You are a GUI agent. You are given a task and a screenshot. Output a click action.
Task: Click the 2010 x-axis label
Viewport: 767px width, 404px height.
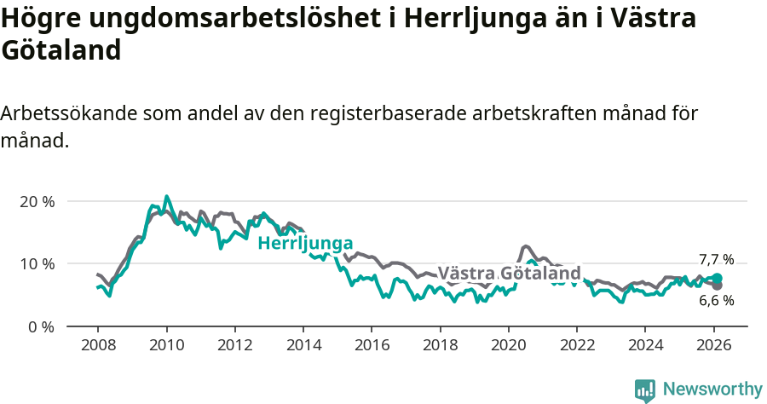[x=166, y=347]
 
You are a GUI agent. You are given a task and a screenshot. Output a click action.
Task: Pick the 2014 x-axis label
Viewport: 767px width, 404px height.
[x=303, y=347]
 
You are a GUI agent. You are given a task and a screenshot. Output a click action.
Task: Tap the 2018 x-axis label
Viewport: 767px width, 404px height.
[x=440, y=347]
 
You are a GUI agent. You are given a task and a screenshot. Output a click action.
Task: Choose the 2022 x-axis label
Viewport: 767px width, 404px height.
[x=576, y=347]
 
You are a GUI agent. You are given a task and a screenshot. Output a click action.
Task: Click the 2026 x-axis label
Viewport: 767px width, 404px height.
[x=713, y=347]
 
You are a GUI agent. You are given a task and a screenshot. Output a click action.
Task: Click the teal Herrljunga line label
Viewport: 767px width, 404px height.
[x=305, y=244]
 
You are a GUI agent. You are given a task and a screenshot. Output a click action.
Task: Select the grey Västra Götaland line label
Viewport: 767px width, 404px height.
[x=509, y=274]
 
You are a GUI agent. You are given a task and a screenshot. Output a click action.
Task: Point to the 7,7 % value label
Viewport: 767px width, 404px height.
[x=716, y=260]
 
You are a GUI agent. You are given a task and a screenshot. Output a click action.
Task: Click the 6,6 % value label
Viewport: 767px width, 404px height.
[x=716, y=300]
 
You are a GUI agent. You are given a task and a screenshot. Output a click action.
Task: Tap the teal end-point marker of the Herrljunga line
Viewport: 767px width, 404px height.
[x=717, y=279]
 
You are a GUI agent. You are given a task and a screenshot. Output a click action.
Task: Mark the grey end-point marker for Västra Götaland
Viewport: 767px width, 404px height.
[x=717, y=286]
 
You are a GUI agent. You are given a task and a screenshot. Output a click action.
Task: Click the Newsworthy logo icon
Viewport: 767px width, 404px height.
[x=645, y=390]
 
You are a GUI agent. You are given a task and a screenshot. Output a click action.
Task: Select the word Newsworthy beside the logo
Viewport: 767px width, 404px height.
[x=712, y=390]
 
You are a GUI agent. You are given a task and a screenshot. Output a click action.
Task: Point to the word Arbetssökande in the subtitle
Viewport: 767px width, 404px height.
[x=67, y=114]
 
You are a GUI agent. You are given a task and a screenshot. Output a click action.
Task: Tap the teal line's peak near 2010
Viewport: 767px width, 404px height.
[x=167, y=196]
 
